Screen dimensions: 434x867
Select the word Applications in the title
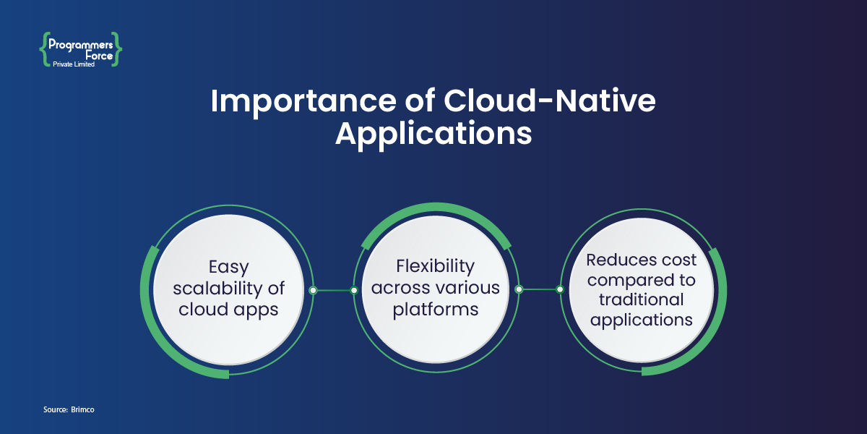[x=433, y=134]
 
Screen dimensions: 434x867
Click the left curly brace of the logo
[x=43, y=49]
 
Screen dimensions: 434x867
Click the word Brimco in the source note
[x=83, y=410]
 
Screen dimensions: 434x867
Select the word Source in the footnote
[x=55, y=410]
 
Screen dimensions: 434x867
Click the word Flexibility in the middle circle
[x=436, y=267]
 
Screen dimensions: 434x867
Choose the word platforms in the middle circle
[x=436, y=309]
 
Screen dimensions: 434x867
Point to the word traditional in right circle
[x=642, y=299]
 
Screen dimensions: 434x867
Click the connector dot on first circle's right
[x=313, y=290]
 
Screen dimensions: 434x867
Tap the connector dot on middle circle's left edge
[x=354, y=290]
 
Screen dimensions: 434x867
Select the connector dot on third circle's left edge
[x=559, y=290]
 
